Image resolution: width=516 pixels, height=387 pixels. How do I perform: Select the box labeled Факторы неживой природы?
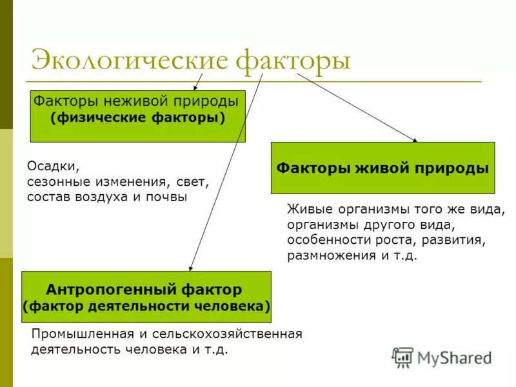[137, 116]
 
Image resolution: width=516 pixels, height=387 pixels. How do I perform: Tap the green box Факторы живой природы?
[382, 168]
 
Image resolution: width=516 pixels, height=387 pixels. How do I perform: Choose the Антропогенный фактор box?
[146, 297]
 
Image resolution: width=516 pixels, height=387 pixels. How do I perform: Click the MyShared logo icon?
[403, 357]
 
